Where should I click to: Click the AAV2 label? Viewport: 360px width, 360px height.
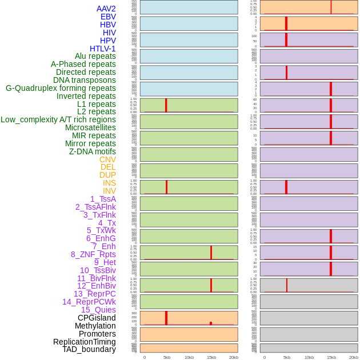[x=106, y=9]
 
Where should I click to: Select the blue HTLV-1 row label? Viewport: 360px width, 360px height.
[x=103, y=49]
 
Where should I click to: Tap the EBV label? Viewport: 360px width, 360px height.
[x=108, y=17]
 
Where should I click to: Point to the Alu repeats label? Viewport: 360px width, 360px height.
[x=95, y=56]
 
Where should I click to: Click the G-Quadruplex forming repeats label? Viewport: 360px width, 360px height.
[x=61, y=88]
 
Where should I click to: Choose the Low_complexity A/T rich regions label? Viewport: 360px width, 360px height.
[x=58, y=119]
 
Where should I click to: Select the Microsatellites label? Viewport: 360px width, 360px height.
[x=90, y=127]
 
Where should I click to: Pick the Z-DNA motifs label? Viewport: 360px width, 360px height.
[x=93, y=151]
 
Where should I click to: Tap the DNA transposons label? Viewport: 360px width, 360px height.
[x=85, y=80]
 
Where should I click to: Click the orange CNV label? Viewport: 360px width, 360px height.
[x=107, y=159]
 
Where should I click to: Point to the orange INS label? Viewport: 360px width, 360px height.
[x=109, y=183]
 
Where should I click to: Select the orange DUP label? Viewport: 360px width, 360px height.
[x=107, y=175]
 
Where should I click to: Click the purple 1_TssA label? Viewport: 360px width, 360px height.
[x=103, y=199]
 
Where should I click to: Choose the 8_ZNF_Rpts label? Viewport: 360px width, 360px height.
[x=93, y=254]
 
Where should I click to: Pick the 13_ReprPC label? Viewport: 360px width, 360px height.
[x=94, y=294]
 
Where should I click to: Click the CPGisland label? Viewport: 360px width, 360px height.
[x=97, y=318]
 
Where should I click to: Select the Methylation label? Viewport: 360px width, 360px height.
[x=95, y=326]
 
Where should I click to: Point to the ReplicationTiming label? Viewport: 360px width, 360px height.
[x=84, y=342]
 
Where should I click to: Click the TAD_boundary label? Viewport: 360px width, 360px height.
[x=89, y=349]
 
